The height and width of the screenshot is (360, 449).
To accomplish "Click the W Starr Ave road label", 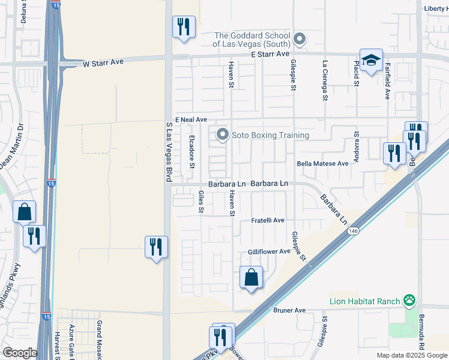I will coord(103,62).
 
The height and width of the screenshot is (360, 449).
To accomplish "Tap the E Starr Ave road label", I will coord(270,54).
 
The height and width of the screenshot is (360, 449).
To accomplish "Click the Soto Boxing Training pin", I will coord(223,134).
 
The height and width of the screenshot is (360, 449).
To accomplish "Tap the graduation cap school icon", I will coord(371,61).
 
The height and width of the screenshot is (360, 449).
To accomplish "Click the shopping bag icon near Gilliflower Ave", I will coord(251,278).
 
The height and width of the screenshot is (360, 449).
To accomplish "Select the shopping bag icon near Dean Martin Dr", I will coord(24,212).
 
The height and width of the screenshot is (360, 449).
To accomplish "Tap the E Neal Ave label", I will coord(191,119).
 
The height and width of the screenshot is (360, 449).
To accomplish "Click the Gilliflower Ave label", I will coord(269,252).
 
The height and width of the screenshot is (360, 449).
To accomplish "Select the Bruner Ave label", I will coord(289,310).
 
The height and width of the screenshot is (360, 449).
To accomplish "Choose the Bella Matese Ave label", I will coord(322,163).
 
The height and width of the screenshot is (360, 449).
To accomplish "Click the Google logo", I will coord(20,353).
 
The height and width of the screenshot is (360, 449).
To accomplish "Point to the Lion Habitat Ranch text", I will coord(366,301).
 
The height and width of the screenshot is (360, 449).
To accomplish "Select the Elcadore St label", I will coord(192,152).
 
